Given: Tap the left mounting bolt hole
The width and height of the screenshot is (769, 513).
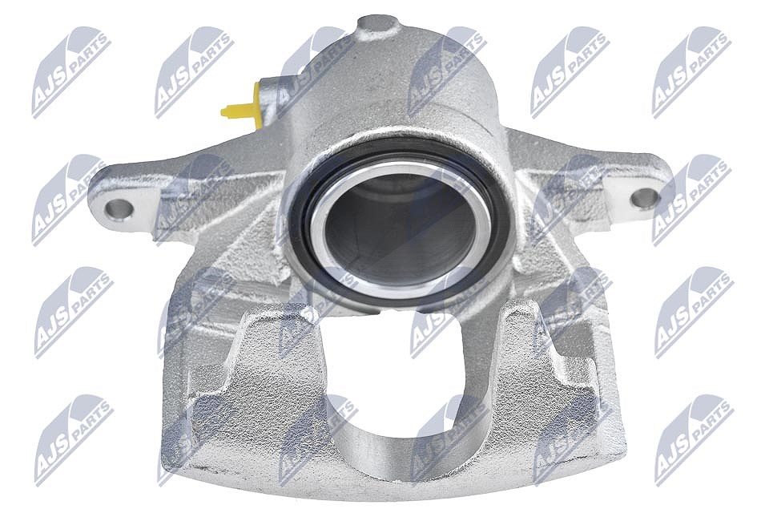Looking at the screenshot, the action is click(x=119, y=210).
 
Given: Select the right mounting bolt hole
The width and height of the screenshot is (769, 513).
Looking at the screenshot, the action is click(x=644, y=198).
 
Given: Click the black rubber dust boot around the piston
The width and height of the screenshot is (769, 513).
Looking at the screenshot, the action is click(x=305, y=231).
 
